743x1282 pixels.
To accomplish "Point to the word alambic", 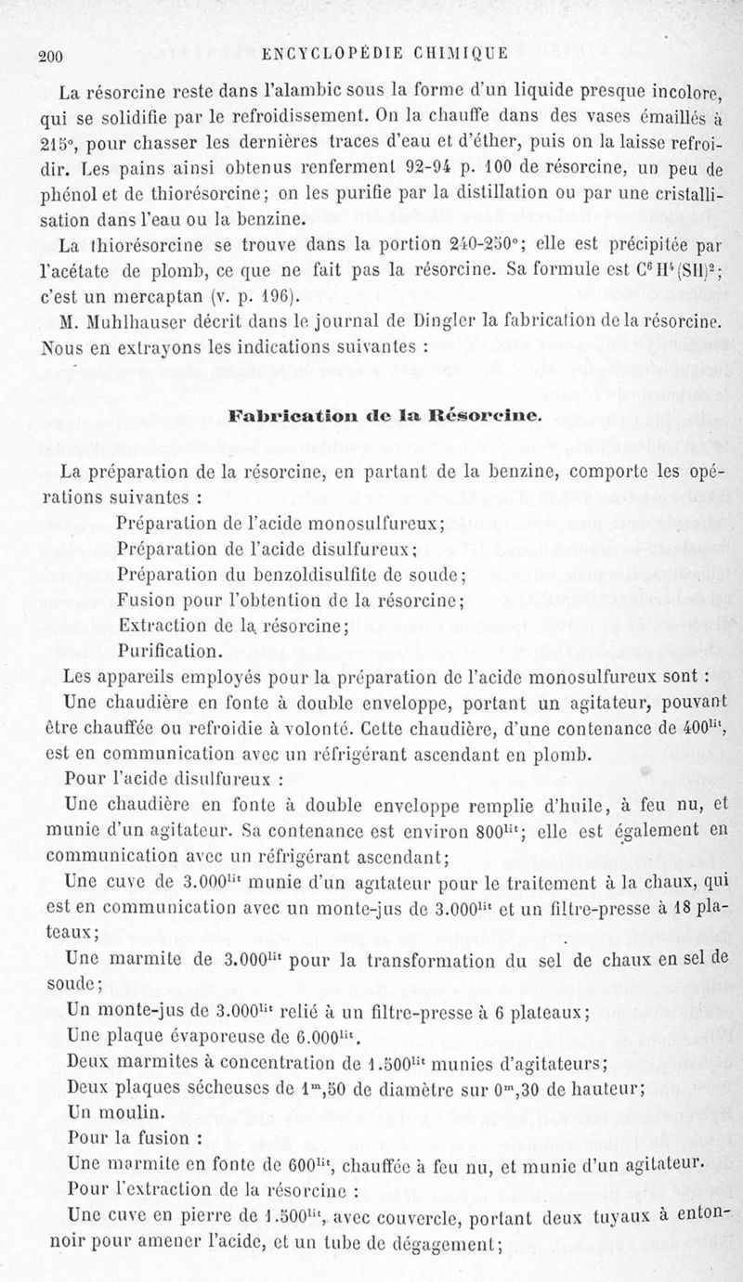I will point(304,92).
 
